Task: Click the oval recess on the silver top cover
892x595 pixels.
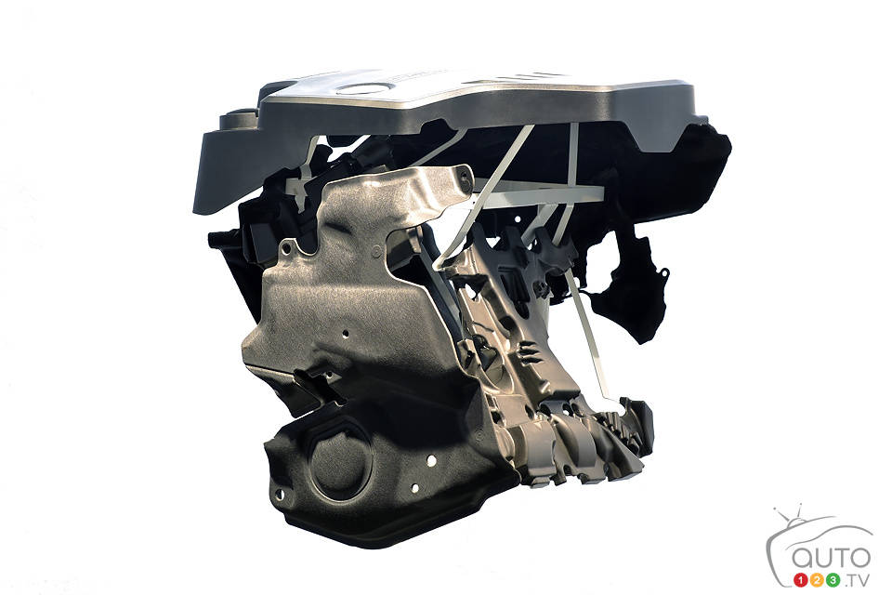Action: pos(364,88)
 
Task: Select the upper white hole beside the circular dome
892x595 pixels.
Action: pos(431,460)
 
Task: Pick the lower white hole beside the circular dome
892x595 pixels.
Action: pos(414,488)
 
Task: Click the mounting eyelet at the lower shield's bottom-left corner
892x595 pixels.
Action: pos(278,495)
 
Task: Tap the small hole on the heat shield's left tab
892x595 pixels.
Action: pos(286,247)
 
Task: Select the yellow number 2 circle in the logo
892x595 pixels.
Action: pos(818,580)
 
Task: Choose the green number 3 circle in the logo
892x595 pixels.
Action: pos(833,580)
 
